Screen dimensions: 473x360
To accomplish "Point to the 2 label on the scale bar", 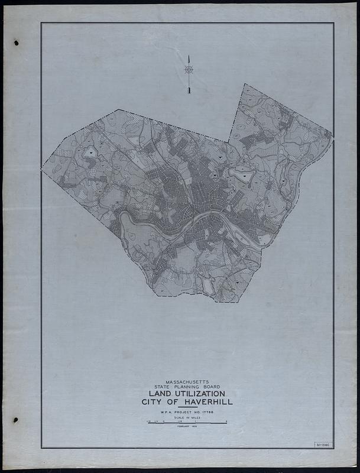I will point(226,421).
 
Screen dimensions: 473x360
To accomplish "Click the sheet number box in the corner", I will point(324,444).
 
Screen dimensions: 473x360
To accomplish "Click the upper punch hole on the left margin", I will point(17,43).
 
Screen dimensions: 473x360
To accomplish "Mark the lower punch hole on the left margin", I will point(16,420).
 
